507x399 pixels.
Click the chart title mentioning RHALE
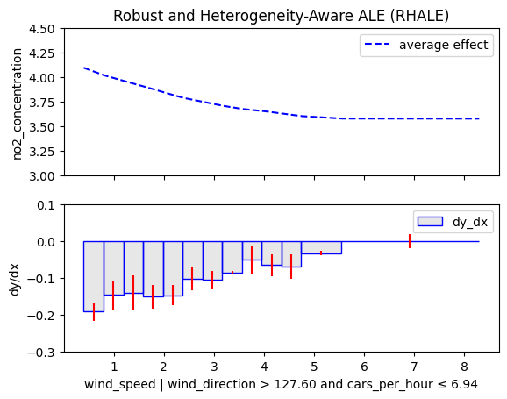[x=281, y=16]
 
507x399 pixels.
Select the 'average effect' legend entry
[x=426, y=45]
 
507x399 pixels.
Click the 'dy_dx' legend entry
[x=453, y=222]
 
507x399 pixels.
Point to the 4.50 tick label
[x=42, y=29]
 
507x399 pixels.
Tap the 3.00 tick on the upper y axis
[x=42, y=176]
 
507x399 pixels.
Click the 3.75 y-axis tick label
[x=42, y=103]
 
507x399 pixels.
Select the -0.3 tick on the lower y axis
[x=40, y=353]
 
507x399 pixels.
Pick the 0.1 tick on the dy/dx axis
[x=46, y=205]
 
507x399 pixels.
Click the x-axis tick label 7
[x=414, y=367]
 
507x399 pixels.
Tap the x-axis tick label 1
[x=114, y=367]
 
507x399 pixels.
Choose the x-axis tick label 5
[x=314, y=367]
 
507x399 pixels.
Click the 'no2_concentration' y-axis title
[x=18, y=104]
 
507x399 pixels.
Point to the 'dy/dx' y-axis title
[x=15, y=280]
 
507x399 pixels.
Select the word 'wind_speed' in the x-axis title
[x=119, y=384]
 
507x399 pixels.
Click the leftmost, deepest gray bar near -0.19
[x=94, y=276]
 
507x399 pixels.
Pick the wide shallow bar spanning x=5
[x=322, y=247]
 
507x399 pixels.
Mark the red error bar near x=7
[x=410, y=241]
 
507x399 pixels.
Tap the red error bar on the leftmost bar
[x=94, y=311]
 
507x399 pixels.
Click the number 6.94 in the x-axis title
[x=464, y=384]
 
